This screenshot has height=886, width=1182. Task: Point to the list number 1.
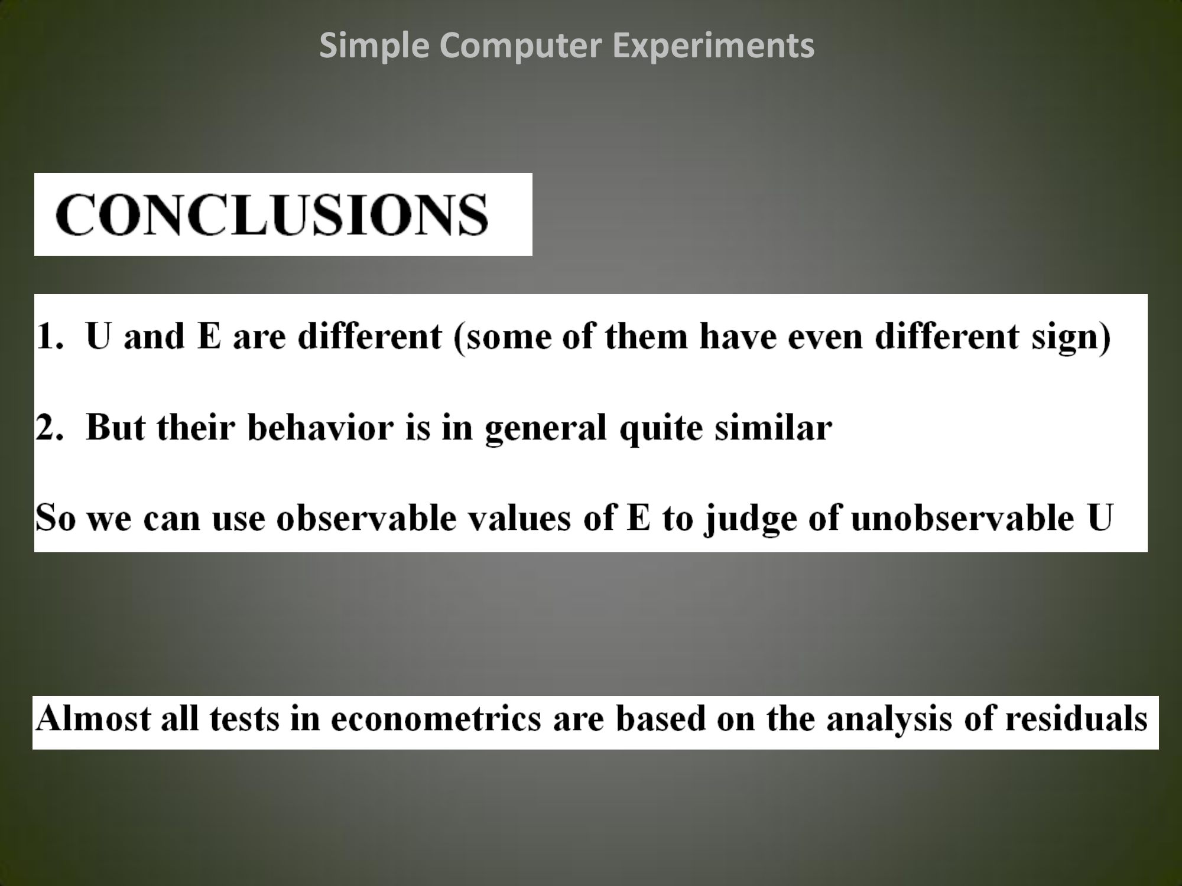coord(48,336)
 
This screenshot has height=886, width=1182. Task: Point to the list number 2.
coord(48,426)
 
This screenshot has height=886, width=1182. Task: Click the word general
coord(545,429)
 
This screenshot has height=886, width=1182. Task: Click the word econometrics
coord(436,720)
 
